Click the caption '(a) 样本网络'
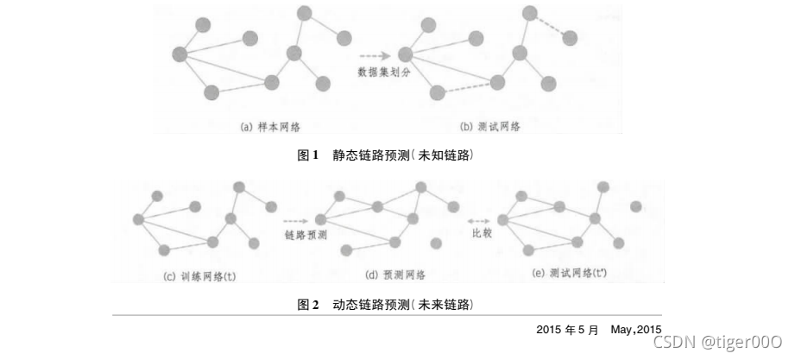point(268,128)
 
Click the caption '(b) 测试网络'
point(490,128)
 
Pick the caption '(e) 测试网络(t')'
point(572,275)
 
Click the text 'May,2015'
point(635,329)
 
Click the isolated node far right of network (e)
point(636,206)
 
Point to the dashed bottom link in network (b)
point(467,87)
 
